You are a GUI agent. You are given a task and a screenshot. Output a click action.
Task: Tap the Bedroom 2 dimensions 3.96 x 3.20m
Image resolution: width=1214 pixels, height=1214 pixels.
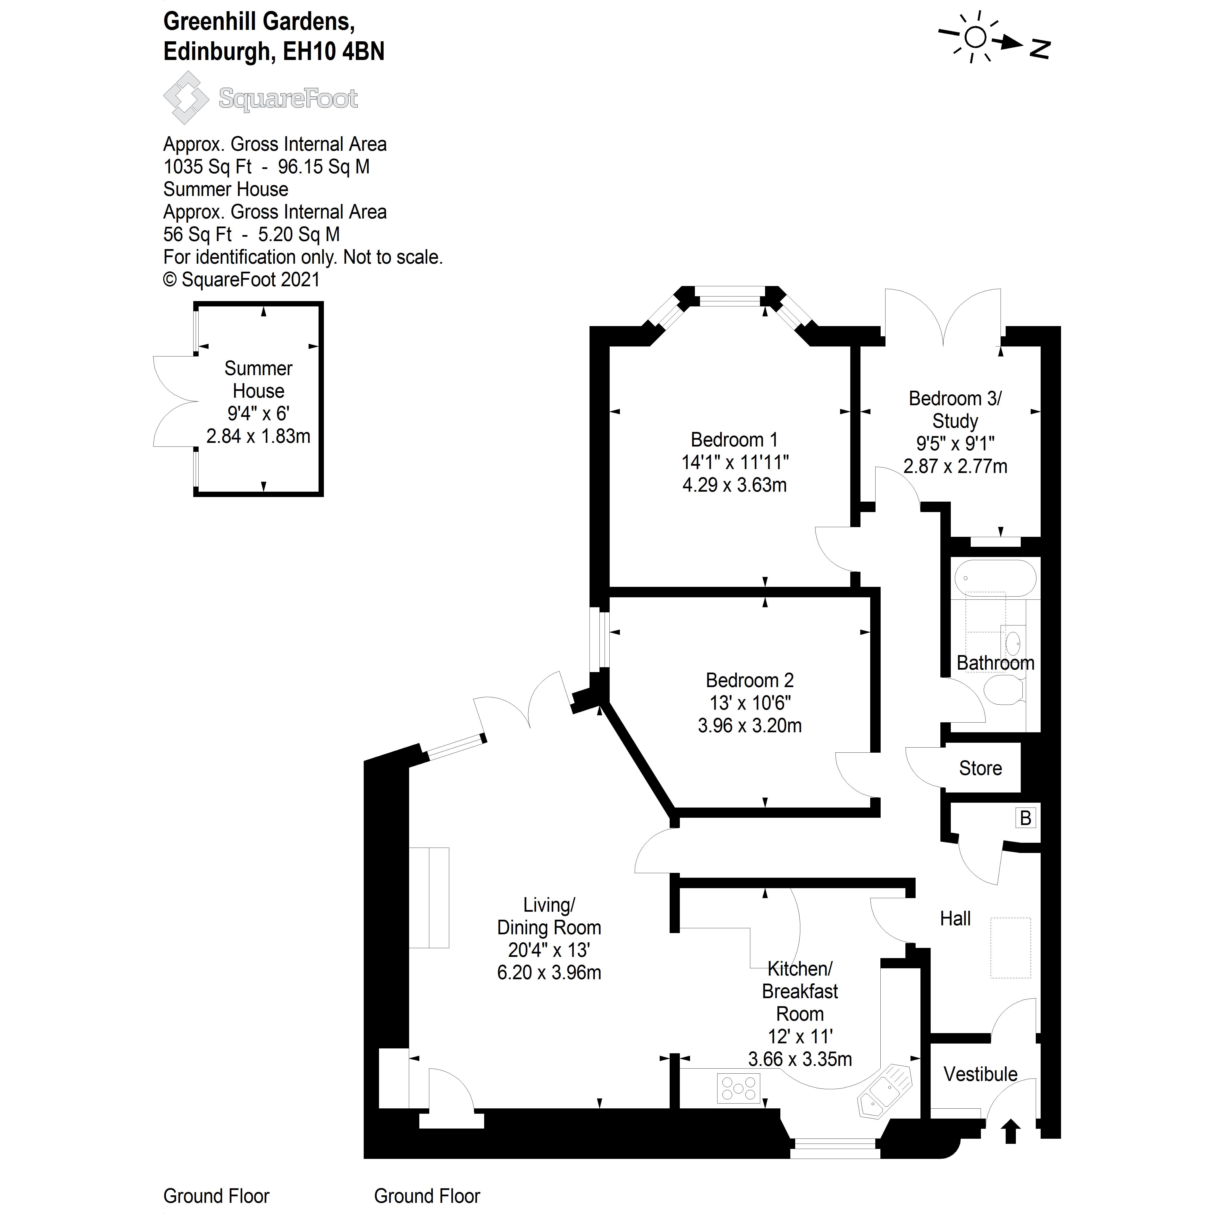[x=750, y=726]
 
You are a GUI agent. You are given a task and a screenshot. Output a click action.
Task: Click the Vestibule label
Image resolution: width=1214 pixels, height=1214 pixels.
[x=980, y=1074]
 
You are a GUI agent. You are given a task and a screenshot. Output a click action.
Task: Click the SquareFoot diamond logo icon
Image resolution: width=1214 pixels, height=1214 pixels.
[x=186, y=97]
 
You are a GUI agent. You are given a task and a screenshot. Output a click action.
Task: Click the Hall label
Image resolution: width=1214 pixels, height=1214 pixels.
[x=955, y=919]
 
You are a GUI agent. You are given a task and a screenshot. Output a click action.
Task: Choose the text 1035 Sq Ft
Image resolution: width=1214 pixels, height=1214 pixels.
[x=207, y=167]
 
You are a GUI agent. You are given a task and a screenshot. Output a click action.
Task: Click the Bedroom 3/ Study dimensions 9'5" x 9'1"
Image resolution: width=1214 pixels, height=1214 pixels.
[x=955, y=444]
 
